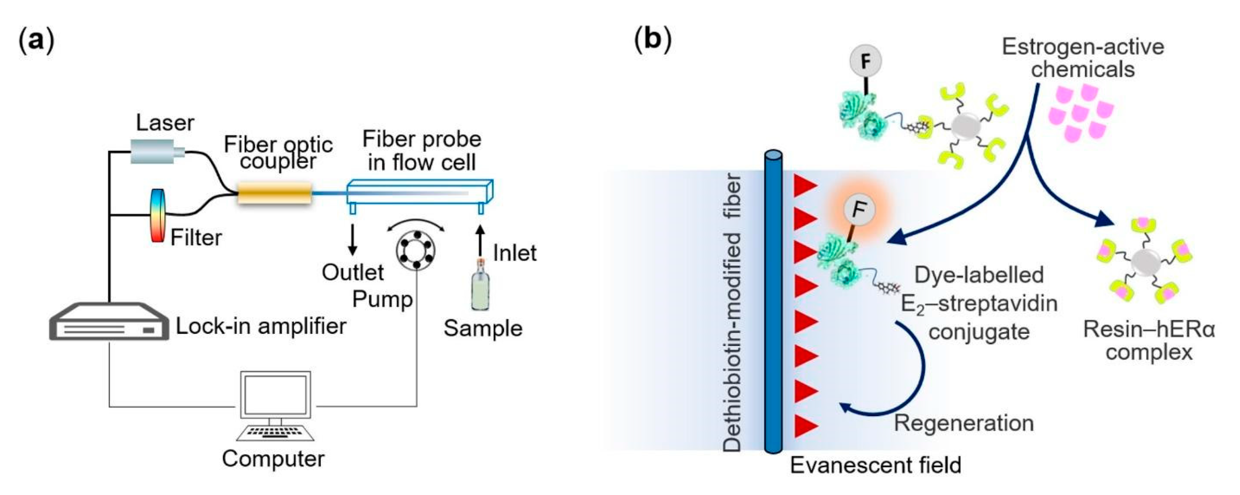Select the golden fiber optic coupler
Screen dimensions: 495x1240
274,193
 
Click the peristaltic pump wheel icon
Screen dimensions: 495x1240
415,250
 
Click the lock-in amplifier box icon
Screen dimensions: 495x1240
109,322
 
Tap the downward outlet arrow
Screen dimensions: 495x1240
352,239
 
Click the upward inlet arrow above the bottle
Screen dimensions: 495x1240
480,239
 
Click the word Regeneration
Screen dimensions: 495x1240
964,423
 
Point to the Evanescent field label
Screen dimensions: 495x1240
876,465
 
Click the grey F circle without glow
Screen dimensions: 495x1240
865,61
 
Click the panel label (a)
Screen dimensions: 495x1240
36,40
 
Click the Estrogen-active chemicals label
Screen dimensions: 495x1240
1083,58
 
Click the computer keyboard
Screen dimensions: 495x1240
275,432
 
